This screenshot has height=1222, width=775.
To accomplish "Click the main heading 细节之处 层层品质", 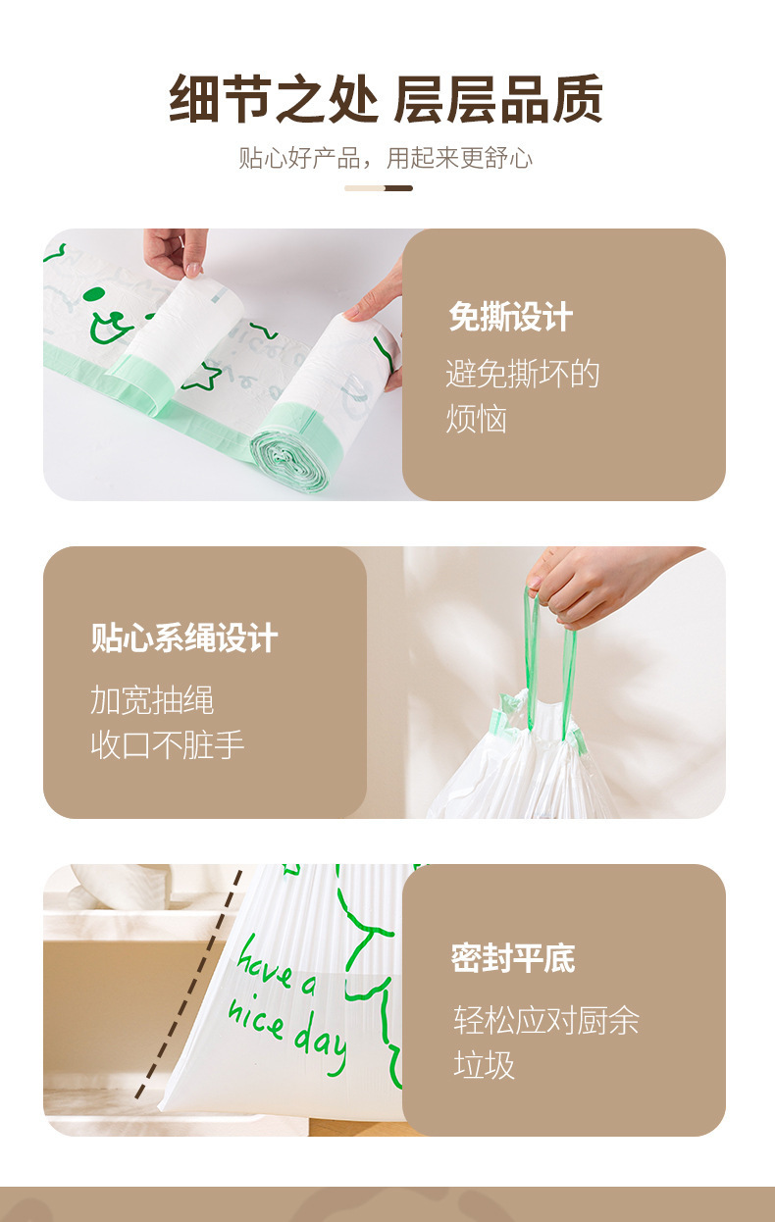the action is click(x=386, y=99).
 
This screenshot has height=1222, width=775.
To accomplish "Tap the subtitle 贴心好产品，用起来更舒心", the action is click(x=386, y=158).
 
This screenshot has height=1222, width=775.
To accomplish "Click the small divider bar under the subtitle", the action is click(x=379, y=188).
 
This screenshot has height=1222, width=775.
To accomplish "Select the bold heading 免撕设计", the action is click(x=510, y=317).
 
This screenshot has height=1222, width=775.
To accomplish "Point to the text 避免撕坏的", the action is click(x=522, y=374).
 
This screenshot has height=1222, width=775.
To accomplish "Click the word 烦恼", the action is click(x=477, y=419).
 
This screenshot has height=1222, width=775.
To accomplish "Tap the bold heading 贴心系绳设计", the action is click(x=184, y=637).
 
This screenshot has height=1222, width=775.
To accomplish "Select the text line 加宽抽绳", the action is click(x=152, y=699).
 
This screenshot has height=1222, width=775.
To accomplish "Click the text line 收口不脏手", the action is click(x=167, y=744).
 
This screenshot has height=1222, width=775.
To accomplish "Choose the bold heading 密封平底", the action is click(x=513, y=958).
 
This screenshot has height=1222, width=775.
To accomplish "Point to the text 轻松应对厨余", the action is click(x=545, y=1020).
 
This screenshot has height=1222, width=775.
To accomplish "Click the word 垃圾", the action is click(x=484, y=1064).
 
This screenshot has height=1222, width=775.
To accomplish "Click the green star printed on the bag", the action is click(x=202, y=377).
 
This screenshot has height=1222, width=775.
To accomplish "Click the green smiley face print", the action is click(x=109, y=316).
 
